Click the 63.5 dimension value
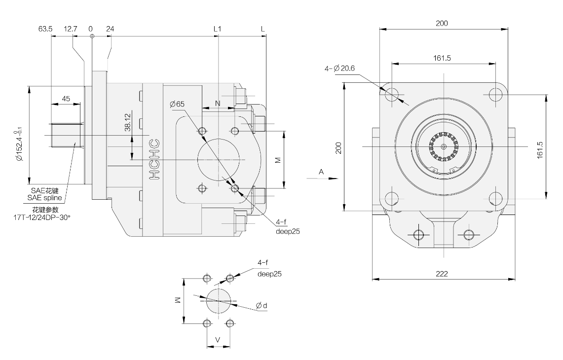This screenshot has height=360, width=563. [46, 29]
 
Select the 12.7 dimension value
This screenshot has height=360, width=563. [71, 29]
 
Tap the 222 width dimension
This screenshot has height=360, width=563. [442, 274]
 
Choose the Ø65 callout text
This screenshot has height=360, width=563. [177, 104]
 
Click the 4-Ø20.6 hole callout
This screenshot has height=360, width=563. [340, 68]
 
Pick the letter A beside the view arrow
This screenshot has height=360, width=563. [321, 172]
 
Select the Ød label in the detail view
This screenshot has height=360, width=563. [262, 306]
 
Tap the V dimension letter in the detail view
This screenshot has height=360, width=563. [218, 340]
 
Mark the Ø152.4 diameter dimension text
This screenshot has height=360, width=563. [19, 145]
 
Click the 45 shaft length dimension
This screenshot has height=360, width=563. [66, 99]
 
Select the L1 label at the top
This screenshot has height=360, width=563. [217, 29]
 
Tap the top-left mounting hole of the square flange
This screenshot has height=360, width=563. [393, 93]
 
